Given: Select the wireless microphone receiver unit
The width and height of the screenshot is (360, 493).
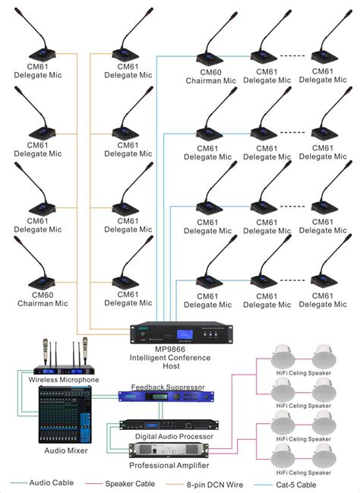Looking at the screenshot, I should coord(64,369).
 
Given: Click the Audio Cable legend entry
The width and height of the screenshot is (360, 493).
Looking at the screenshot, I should coord(50,482).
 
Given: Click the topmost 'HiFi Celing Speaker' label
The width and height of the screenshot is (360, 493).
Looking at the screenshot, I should coord(302,374).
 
